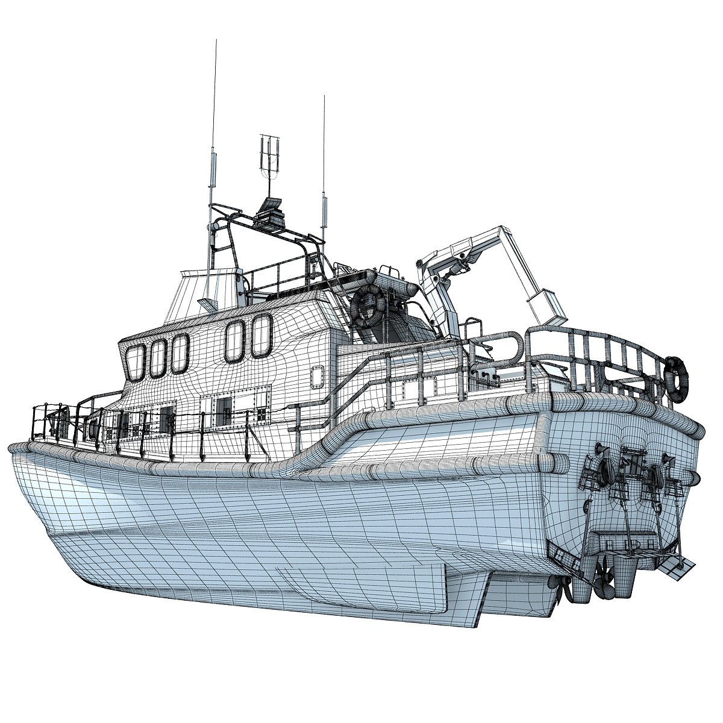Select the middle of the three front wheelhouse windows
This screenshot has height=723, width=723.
click(x=158, y=357)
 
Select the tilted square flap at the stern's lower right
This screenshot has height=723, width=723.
click(x=675, y=567)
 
